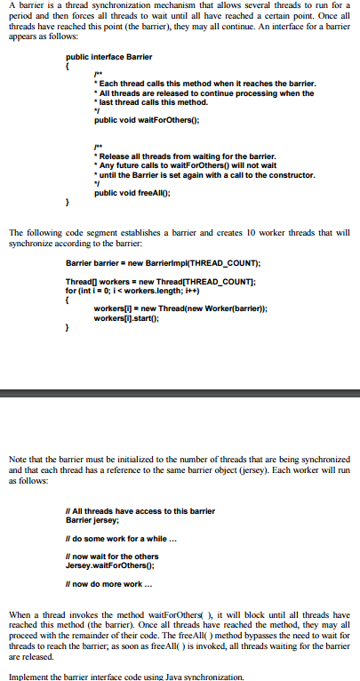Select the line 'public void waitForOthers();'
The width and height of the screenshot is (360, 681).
point(146,119)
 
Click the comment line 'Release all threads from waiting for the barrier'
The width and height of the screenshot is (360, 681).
point(192,156)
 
